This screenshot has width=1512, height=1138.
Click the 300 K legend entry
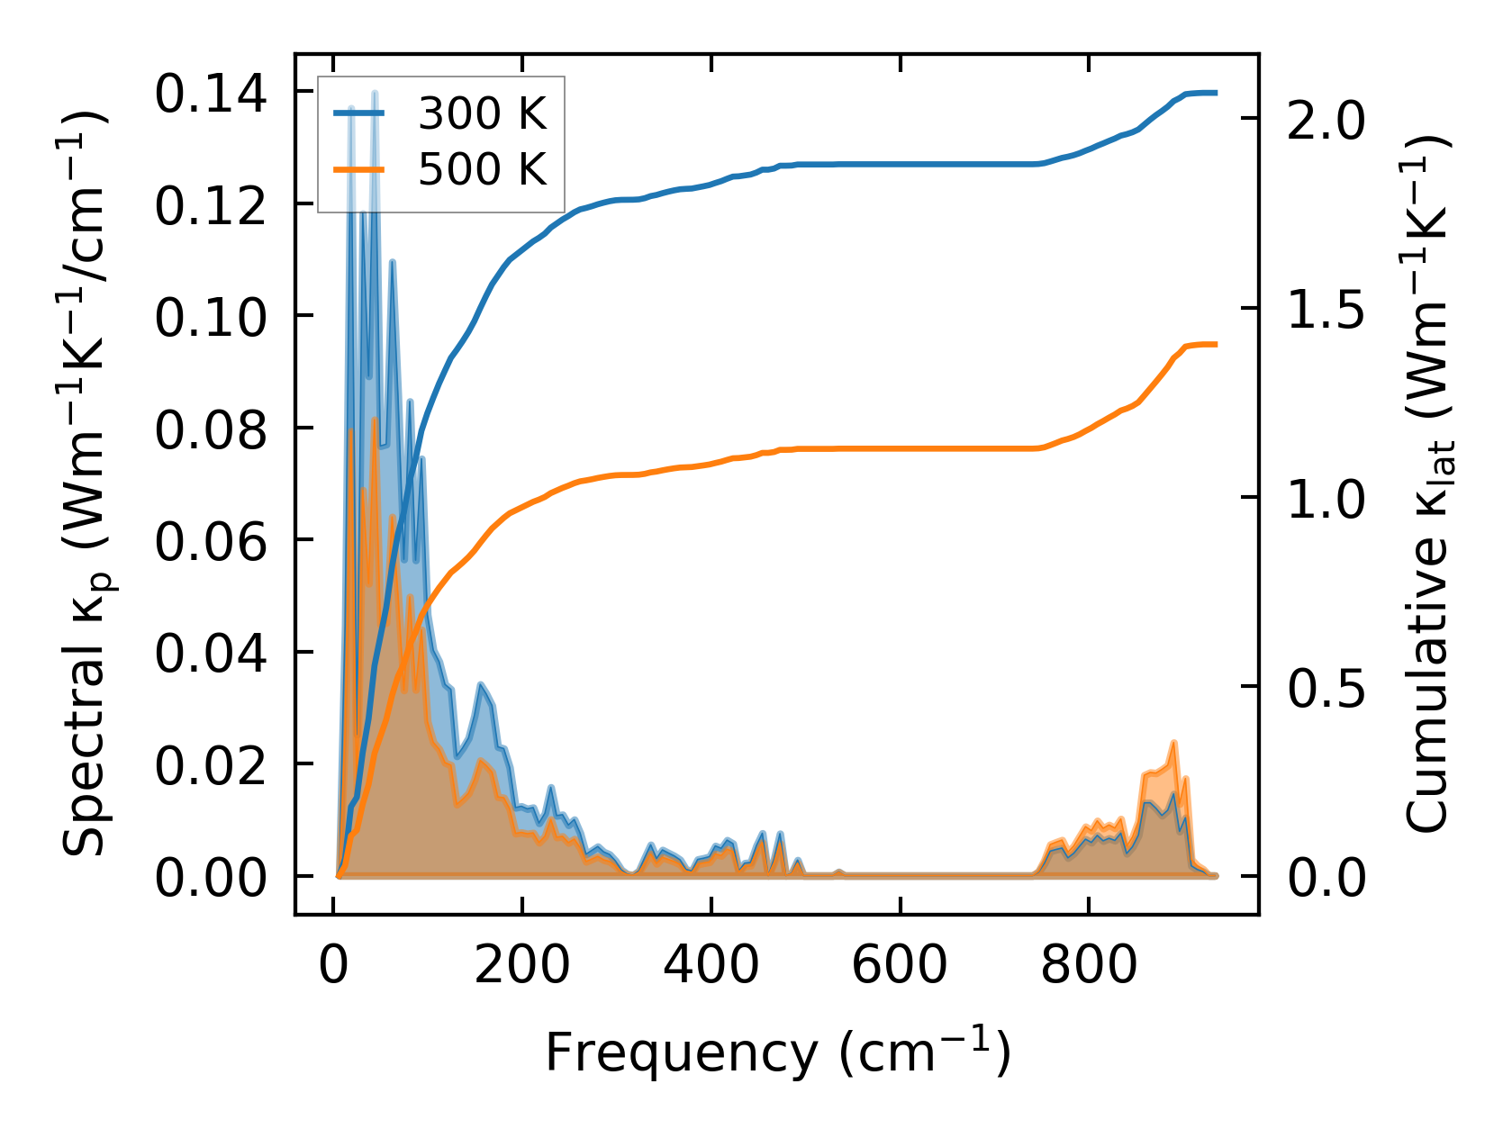tap(482, 114)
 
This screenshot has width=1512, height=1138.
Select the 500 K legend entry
tap(482, 168)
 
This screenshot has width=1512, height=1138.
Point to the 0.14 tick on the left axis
tap(212, 94)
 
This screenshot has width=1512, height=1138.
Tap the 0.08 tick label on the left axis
tap(212, 429)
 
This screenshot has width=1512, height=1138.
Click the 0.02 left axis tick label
tap(212, 766)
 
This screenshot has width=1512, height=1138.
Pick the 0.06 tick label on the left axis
tap(212, 542)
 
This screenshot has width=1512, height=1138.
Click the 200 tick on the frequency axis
tap(522, 966)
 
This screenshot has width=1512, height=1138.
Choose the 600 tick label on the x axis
tap(900, 966)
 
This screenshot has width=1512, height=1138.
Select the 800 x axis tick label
tap(1089, 966)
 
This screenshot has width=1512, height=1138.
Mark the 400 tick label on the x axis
tap(711, 966)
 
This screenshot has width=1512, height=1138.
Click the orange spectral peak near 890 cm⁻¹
tap(1174, 743)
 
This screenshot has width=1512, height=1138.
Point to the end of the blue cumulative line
tap(1216, 93)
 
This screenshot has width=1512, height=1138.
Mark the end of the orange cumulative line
tap(1216, 344)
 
